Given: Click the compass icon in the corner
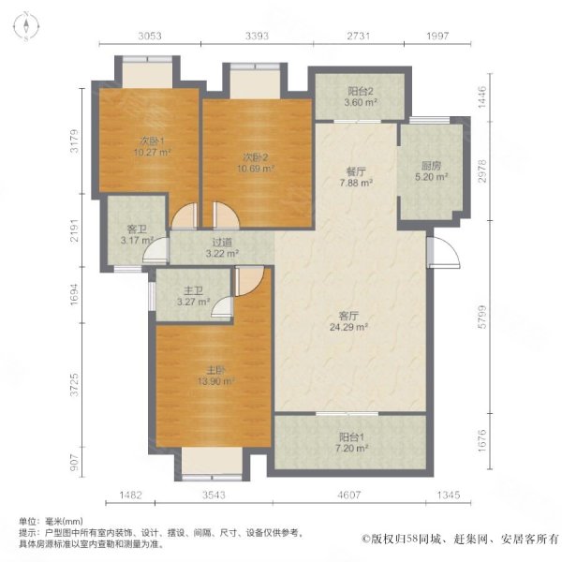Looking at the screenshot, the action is point(26,26).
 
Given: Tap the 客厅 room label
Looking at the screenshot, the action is point(348,316).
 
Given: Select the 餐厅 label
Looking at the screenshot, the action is point(356,171).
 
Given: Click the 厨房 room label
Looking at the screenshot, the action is point(431,166).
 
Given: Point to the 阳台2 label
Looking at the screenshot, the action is point(361,91).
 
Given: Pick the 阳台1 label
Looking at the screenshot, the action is point(351,437).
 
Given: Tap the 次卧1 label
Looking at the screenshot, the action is point(152,140).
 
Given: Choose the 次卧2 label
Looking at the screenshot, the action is point(256,157).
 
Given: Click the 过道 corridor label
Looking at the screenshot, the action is point(222,243).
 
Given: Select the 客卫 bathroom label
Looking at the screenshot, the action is point(137,229).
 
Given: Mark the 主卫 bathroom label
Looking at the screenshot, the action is point(193,290).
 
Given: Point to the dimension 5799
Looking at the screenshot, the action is point(482,317).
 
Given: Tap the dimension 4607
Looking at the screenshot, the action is point(349,495).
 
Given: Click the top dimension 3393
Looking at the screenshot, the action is point(257,36).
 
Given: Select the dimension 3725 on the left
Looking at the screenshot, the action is point(74,385).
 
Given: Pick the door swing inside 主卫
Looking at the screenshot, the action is point(222,307).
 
